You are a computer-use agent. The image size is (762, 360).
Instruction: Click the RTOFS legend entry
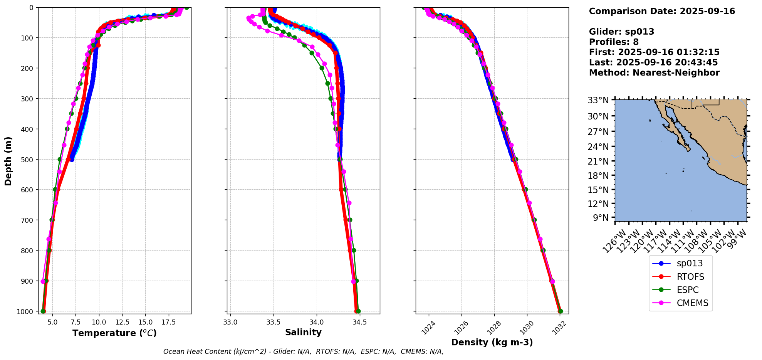point(690,277)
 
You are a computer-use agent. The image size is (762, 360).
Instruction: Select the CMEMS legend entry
point(692,303)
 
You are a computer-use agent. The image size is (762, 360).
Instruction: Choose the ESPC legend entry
point(687,290)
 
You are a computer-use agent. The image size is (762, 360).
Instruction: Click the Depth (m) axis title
point(8,161)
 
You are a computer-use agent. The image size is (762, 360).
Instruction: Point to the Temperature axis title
point(114,333)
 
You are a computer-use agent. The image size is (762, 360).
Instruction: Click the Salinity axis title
point(303,332)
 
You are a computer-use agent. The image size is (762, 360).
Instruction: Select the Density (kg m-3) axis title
point(492,342)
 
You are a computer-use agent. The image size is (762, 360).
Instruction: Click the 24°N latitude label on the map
point(601,147)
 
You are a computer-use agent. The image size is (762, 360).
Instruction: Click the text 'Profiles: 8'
point(614,42)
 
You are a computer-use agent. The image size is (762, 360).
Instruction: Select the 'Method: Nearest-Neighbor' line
point(654,73)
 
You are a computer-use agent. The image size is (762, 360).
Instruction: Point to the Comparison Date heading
point(662,11)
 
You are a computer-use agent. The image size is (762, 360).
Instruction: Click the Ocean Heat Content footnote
point(303,352)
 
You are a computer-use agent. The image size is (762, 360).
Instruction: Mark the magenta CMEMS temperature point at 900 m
point(43,281)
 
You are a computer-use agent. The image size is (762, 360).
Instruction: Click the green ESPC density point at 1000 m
point(560,311)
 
